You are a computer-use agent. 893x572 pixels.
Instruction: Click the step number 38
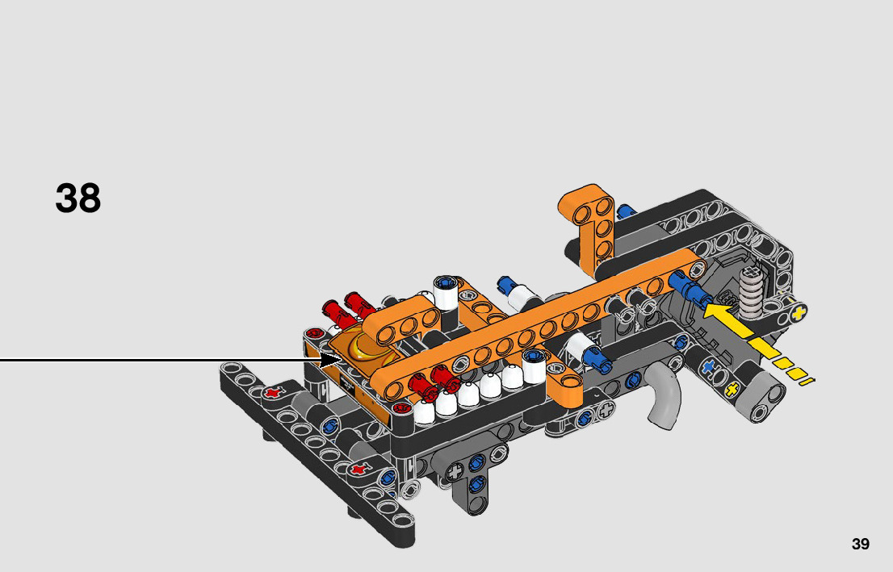pyautogui.click(x=78, y=198)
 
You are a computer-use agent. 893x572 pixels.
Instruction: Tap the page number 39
pyautogui.click(x=860, y=544)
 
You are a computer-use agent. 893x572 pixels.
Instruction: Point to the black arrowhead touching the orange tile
pyautogui.click(x=330, y=360)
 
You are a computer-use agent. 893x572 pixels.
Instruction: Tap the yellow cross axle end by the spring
pyautogui.click(x=799, y=312)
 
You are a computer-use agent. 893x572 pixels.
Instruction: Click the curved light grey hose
pyautogui.click(x=665, y=394)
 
